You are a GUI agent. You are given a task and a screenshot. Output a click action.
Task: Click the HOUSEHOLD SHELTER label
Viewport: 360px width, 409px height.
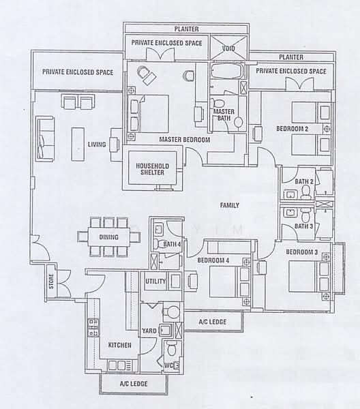pyautogui.click(x=152, y=169)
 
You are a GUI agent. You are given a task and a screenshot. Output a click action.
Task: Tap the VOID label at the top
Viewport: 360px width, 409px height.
pyautogui.click(x=228, y=48)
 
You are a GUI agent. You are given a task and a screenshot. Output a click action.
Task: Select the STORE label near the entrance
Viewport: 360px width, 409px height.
pyautogui.click(x=51, y=281)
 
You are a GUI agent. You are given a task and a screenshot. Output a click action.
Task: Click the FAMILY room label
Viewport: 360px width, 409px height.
pyautogui.click(x=230, y=205)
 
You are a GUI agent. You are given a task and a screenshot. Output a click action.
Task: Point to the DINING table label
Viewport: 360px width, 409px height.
pyautogui.click(x=109, y=237)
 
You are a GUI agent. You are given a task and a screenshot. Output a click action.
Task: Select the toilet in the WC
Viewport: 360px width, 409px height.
pyautogui.click(x=171, y=348)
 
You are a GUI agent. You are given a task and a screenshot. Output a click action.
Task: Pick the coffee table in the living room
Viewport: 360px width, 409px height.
pyautogui.click(x=78, y=144)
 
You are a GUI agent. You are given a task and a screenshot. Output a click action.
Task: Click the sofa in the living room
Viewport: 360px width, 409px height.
pyautogui.click(x=46, y=139)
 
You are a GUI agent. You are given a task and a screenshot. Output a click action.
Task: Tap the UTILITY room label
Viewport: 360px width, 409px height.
pyautogui.click(x=155, y=281)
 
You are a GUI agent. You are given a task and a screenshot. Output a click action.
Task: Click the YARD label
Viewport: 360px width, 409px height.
pyautogui.click(x=149, y=331)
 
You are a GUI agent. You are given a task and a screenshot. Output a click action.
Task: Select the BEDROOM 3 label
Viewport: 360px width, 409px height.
pyautogui.click(x=302, y=252)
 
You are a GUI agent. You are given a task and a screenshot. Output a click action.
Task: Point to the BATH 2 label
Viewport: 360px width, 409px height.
pyautogui.click(x=304, y=181)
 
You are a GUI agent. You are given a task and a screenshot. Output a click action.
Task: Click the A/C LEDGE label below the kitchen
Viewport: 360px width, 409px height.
pyautogui.click(x=134, y=384)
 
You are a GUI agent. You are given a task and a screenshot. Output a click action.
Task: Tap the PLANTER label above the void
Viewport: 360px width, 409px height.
pyautogui.click(x=187, y=29)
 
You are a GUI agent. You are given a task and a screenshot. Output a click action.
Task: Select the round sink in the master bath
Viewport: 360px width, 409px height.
pyautogui.click(x=238, y=122)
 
